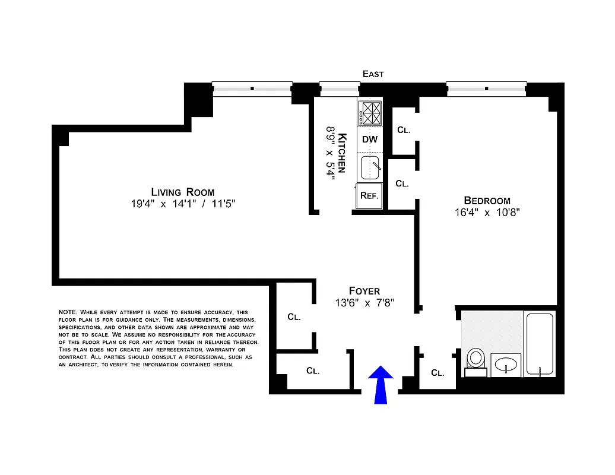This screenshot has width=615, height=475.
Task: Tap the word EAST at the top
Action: pos(373,74)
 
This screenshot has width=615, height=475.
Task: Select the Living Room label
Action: pos(183,192)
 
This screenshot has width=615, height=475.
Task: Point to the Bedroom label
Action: pos(487,200)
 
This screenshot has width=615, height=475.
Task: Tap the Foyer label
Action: pos(364,290)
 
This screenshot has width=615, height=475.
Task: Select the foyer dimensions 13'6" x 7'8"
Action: pos(364,303)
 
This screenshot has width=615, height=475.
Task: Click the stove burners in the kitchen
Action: pos(370,113)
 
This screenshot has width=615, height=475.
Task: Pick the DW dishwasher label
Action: pos(370,140)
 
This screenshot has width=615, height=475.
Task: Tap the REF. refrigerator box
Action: pos(369,195)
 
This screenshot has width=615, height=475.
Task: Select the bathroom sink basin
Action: pos(506,363)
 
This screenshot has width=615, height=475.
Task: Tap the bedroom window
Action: pos(486,89)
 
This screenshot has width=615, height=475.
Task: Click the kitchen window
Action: pos(340,89)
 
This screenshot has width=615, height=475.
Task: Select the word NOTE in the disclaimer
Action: pos(67,312)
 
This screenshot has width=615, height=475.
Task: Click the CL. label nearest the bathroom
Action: pos(438,373)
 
